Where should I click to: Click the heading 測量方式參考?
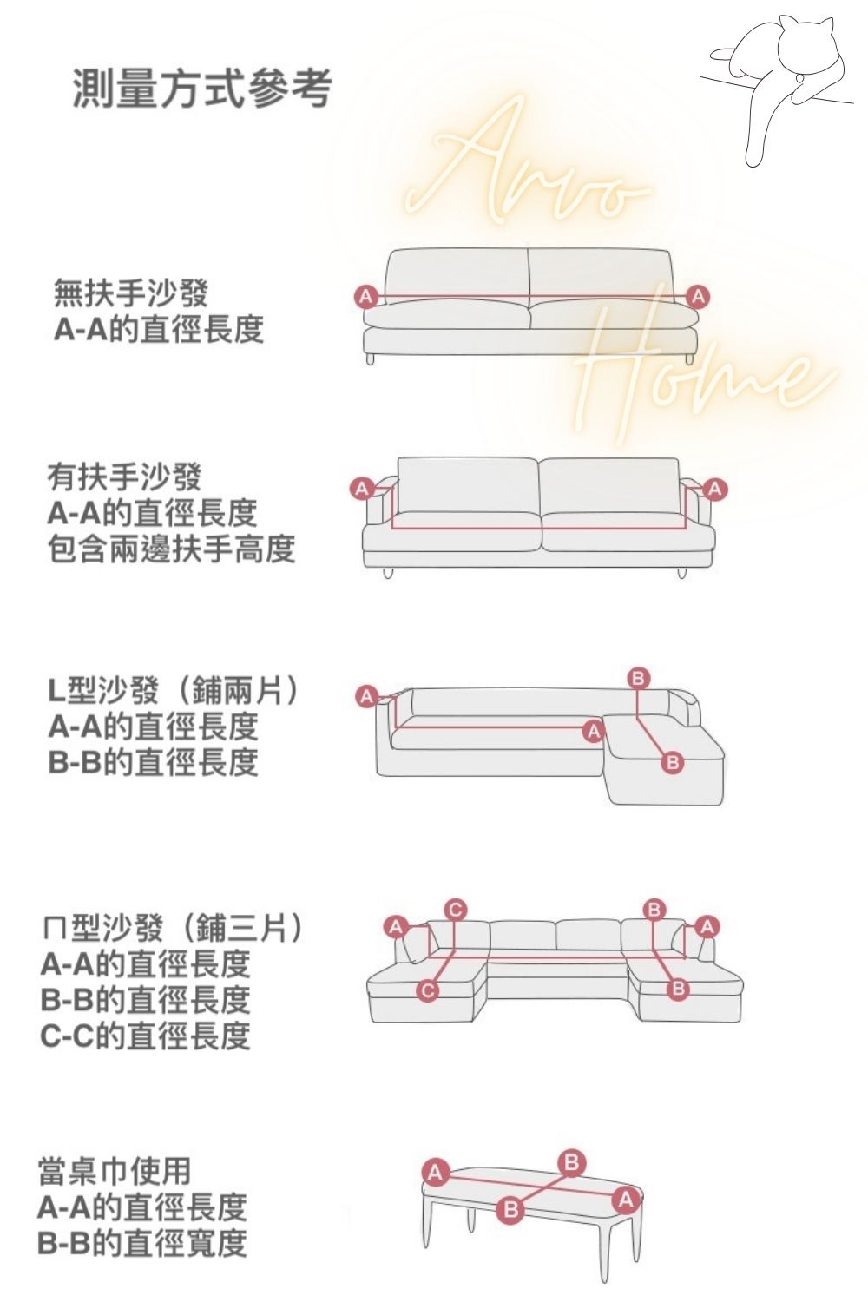pos(201,89)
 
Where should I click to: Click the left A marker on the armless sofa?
pos(365,296)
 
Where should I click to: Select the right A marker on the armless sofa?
pos(698,297)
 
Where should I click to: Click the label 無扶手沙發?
pos(130,293)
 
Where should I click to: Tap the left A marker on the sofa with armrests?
pos(362,488)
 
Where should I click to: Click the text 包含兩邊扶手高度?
pos(171,549)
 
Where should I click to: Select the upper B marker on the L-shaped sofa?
pos(638,678)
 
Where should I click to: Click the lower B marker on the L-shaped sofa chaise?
pos(673,761)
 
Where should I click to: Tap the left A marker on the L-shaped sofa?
pos(366,696)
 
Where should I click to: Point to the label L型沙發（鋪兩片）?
pos(174,691)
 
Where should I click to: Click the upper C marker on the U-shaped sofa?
pos(455,910)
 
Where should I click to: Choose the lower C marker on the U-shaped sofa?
pos(427,990)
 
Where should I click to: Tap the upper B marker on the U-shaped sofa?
pos(654,909)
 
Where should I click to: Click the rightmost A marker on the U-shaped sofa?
pos(707,926)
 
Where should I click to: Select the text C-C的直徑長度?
pos(145,1036)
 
